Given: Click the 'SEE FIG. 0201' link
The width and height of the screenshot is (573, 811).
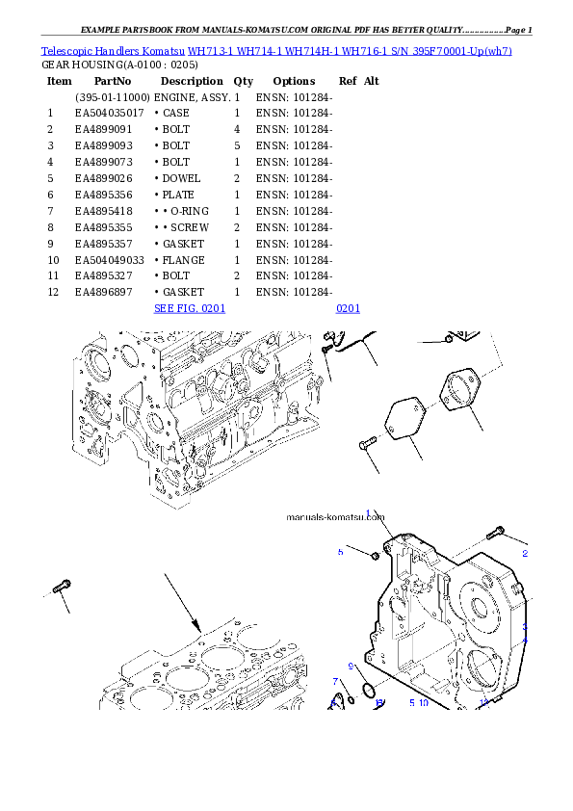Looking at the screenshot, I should pyautogui.click(x=190, y=308).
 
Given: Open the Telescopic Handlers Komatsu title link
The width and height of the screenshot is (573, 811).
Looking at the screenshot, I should pyautogui.click(x=276, y=50).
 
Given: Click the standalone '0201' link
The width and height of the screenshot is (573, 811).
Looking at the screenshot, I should pyautogui.click(x=347, y=308).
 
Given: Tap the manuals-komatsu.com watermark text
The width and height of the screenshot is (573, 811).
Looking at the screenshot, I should pyautogui.click(x=336, y=516).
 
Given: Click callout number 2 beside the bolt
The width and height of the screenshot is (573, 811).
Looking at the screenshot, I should pyautogui.click(x=525, y=554).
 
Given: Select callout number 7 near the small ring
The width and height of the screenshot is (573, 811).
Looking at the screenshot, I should pyautogui.click(x=334, y=682).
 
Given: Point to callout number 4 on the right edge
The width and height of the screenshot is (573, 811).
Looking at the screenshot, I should pyautogui.click(x=525, y=641).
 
